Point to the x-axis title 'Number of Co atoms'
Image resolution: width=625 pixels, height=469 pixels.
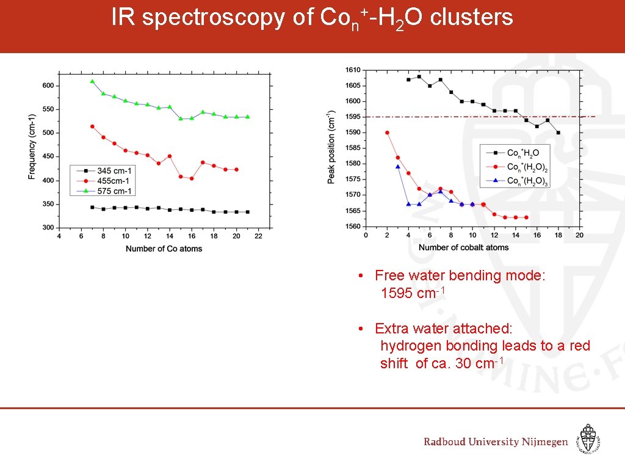pyautogui.click(x=164, y=249)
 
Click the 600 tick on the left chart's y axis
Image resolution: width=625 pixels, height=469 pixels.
pyautogui.click(x=48, y=85)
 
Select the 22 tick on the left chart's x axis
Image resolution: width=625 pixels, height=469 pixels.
pyautogui.click(x=258, y=236)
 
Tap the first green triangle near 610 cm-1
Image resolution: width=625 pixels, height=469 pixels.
pyautogui.click(x=92, y=81)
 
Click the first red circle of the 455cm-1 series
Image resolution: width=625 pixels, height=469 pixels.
pyautogui.click(x=92, y=126)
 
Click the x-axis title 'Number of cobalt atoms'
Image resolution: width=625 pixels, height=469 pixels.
pyautogui.click(x=463, y=247)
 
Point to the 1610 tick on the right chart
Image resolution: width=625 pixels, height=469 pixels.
pyautogui.click(x=353, y=70)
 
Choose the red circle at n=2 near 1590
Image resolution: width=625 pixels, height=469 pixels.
pyautogui.click(x=387, y=133)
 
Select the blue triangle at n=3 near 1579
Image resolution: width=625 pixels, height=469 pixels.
pyautogui.click(x=398, y=166)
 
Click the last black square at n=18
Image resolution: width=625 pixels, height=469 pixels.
pyautogui.click(x=558, y=133)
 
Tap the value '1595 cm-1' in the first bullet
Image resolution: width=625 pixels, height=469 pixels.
pyautogui.click(x=413, y=293)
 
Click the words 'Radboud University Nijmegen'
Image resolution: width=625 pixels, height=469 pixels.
pyautogui.click(x=496, y=442)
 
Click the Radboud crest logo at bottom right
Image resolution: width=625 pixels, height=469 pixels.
pyautogui.click(x=588, y=439)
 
